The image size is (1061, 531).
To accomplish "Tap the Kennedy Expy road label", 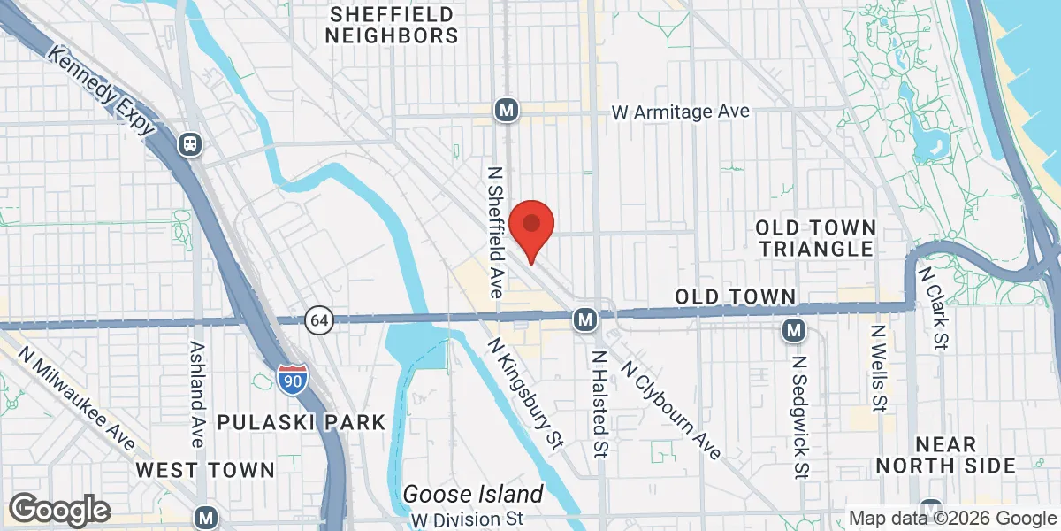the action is [x=103, y=93].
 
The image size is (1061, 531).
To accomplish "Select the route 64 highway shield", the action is [x=319, y=320].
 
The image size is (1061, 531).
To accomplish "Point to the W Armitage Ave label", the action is [x=682, y=112].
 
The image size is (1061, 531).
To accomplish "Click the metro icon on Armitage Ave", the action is [x=507, y=111].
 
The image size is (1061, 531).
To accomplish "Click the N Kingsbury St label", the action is [x=525, y=393].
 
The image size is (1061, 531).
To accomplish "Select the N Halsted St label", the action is [x=599, y=404].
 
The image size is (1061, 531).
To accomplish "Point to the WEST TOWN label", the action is [x=205, y=469].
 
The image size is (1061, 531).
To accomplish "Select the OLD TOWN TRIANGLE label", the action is [x=816, y=238].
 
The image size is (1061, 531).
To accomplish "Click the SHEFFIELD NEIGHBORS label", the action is [x=391, y=25].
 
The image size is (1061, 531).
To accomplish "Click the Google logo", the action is [x=59, y=510].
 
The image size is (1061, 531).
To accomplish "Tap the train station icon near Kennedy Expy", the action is [x=189, y=143].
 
